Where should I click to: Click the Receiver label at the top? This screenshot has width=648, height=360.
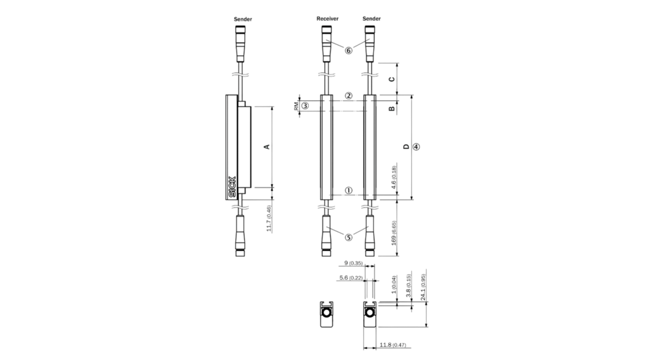(328, 19)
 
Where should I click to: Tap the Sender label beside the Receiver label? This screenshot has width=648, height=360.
(371, 19)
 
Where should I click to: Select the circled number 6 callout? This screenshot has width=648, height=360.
(349, 50)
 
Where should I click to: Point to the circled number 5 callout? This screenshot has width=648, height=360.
(349, 238)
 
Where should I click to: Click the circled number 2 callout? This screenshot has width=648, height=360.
(349, 96)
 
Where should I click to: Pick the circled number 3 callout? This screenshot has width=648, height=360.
(305, 106)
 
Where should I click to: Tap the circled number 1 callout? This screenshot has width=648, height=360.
(349, 191)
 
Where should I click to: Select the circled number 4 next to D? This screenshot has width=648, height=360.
(416, 146)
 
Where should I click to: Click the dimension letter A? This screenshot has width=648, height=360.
(268, 146)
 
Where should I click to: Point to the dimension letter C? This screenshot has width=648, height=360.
(392, 79)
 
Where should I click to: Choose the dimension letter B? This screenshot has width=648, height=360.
(392, 108)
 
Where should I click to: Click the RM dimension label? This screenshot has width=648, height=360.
(296, 106)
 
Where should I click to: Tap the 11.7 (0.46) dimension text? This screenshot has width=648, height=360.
(269, 219)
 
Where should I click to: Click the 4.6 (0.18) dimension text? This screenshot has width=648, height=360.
(394, 178)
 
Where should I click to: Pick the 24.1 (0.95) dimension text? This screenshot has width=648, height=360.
(423, 287)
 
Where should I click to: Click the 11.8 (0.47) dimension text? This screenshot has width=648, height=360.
(393, 345)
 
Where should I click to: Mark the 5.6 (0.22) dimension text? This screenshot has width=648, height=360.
(351, 278)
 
